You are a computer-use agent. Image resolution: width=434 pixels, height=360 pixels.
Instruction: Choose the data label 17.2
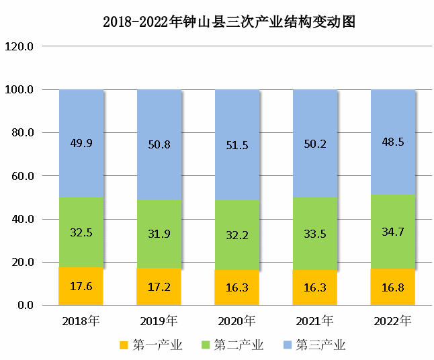click(x=159, y=287)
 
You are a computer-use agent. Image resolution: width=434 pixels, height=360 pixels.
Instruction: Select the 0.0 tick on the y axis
click(x=24, y=306)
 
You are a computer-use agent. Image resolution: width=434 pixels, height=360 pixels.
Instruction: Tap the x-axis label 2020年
click(x=237, y=320)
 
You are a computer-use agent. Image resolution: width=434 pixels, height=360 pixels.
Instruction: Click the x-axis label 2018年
click(x=81, y=320)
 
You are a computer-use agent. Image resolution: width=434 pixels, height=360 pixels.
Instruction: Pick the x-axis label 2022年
click(x=393, y=320)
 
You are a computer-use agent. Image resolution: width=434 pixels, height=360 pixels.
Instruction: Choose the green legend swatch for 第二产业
click(x=206, y=345)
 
